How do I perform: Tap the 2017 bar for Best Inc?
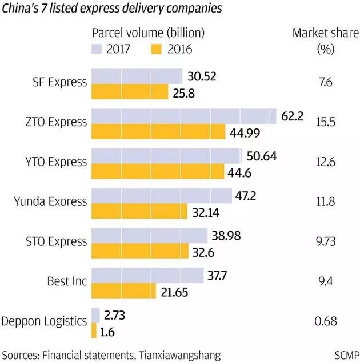click(x=147, y=276)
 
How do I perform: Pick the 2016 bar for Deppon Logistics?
click(x=94, y=330)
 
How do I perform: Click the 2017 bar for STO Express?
click(x=150, y=236)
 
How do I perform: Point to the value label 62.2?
click(x=292, y=116)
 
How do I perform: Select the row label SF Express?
click(x=59, y=82)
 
